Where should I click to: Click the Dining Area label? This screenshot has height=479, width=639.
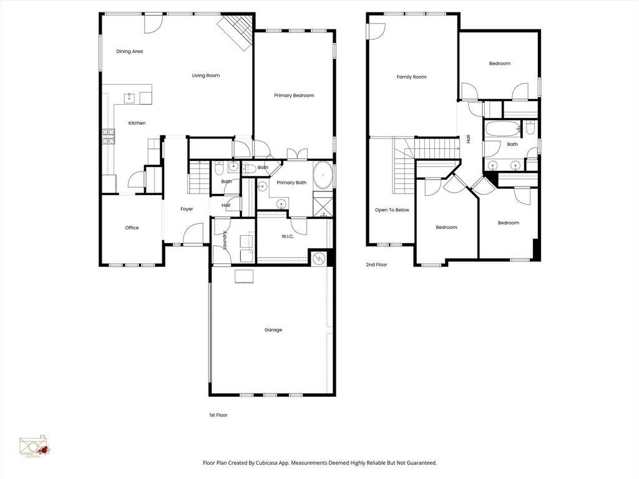click(x=129, y=52)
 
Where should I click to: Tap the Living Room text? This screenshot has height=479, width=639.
click(x=205, y=75)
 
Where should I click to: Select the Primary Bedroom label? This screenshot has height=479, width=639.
click(x=294, y=95)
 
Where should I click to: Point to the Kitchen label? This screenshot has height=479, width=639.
click(x=137, y=123)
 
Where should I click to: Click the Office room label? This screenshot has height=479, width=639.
click(x=132, y=228)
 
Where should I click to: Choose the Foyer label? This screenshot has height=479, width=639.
click(x=187, y=209)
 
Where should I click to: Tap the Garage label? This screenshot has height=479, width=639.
click(x=273, y=330)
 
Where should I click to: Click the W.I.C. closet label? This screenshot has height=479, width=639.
click(x=288, y=236)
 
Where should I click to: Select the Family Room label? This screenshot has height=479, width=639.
click(x=411, y=77)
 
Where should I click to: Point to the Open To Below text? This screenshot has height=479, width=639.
click(x=392, y=210)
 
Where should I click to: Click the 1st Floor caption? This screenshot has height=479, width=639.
click(x=218, y=415)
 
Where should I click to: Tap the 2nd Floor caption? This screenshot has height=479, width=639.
click(x=376, y=265)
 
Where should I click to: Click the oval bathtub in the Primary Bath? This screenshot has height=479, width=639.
click(x=322, y=175)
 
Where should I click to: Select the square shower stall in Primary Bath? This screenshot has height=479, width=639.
click(x=323, y=206)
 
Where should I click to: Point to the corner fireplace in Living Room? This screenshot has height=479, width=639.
click(x=238, y=29)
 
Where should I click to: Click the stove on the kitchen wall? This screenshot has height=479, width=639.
click(x=109, y=137)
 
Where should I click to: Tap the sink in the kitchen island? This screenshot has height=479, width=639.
click(x=130, y=97)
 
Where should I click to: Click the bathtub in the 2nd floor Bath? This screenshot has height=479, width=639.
click(x=502, y=130)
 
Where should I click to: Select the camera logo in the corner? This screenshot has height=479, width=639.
click(x=34, y=447)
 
